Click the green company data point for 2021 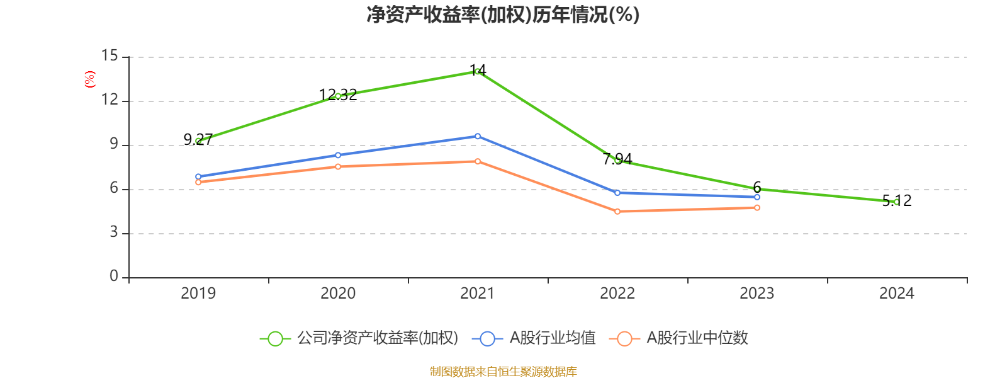(x=478, y=71)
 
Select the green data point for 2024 (x=896, y=202)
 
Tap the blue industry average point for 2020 (x=338, y=155)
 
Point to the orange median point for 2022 (x=617, y=212)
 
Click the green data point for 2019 (x=198, y=141)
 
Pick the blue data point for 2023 (x=757, y=197)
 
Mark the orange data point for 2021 (x=478, y=161)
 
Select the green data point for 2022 (x=617, y=161)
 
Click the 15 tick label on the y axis (x=110, y=56)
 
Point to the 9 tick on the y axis (x=114, y=144)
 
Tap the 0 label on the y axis (x=114, y=276)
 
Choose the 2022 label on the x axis (x=617, y=293)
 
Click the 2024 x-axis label (x=896, y=293)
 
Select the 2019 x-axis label (x=198, y=293)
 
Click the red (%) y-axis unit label (x=90, y=79)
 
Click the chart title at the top (x=503, y=14)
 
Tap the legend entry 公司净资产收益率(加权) (x=377, y=338)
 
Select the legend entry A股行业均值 (x=552, y=338)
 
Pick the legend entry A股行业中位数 (x=697, y=338)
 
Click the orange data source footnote (x=503, y=372)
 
